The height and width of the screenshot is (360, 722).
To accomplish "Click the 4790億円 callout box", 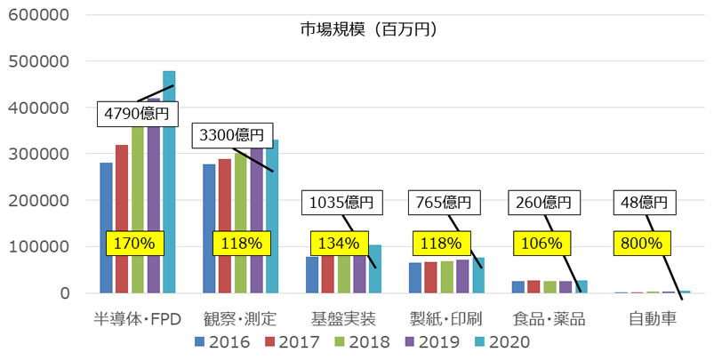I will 140,114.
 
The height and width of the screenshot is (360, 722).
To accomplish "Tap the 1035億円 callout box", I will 342,201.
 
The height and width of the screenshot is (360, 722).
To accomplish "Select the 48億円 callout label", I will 645,201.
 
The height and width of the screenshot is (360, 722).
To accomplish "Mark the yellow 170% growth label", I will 131,243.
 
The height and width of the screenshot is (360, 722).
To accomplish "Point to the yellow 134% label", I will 336,243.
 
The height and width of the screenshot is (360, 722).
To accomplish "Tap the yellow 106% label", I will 541,243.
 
